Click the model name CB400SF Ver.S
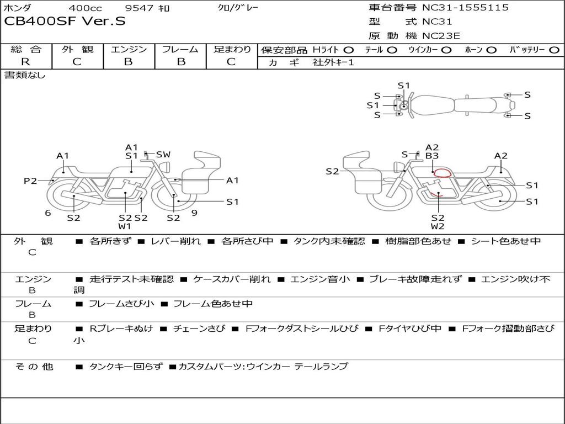click(65, 21)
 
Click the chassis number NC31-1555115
click(466, 8)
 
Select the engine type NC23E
click(441, 36)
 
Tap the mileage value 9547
click(139, 8)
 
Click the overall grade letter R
click(25, 62)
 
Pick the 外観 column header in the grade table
click(77, 49)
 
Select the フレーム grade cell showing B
click(181, 62)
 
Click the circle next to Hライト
click(349, 50)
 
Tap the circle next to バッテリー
click(555, 50)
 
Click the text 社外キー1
click(333, 62)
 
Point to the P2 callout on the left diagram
click(30, 181)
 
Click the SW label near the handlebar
click(163, 155)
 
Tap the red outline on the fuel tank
click(443, 173)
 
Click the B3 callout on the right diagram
click(432, 156)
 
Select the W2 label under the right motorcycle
click(438, 226)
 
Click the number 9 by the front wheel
click(195, 213)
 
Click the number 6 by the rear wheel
click(48, 213)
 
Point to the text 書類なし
click(25, 75)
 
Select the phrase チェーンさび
click(199, 328)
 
